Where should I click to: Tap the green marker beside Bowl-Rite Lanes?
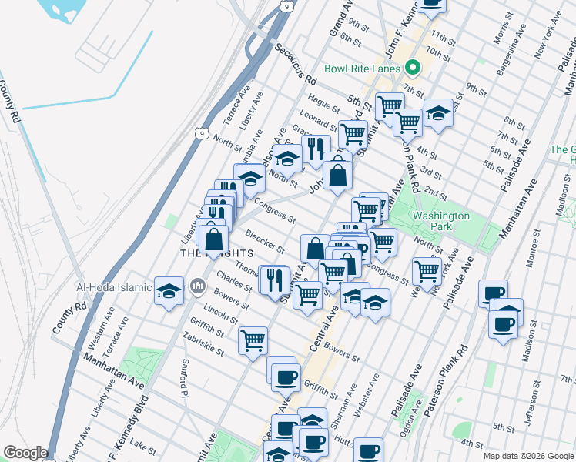click(412, 68)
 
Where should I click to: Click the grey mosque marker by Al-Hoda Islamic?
click(199, 287)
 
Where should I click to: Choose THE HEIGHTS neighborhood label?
click(216, 253)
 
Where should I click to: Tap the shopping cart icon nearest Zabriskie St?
click(253, 340)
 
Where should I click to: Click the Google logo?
click(25, 453)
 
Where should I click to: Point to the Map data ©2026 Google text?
click(527, 456)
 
